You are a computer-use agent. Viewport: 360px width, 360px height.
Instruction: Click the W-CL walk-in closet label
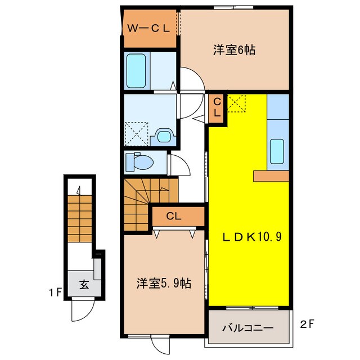click(148, 29)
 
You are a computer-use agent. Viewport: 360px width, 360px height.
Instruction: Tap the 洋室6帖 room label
click(234, 50)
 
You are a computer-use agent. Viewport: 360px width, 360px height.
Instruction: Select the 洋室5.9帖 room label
click(164, 283)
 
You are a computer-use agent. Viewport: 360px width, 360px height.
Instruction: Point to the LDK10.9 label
click(251, 237)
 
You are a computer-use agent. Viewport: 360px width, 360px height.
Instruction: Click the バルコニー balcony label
click(248, 328)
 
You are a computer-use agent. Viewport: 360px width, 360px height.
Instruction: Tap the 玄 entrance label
click(84, 285)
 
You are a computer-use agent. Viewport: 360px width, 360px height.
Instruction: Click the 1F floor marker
click(55, 292)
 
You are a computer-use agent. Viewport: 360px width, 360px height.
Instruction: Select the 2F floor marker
click(307, 324)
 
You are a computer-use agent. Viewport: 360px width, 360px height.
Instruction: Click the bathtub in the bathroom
click(136, 71)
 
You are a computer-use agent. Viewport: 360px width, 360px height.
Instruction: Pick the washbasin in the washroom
click(164, 136)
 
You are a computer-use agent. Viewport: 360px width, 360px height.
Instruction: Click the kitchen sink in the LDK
click(277, 151)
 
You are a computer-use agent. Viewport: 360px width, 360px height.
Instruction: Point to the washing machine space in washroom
click(136, 134)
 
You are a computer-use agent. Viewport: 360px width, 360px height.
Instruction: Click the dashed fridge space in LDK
click(236, 103)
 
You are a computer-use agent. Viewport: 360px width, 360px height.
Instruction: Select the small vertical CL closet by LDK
click(216, 108)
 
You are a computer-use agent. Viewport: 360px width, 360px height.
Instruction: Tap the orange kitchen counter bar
click(271, 176)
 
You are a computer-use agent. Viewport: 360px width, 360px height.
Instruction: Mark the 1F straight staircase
click(80, 219)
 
